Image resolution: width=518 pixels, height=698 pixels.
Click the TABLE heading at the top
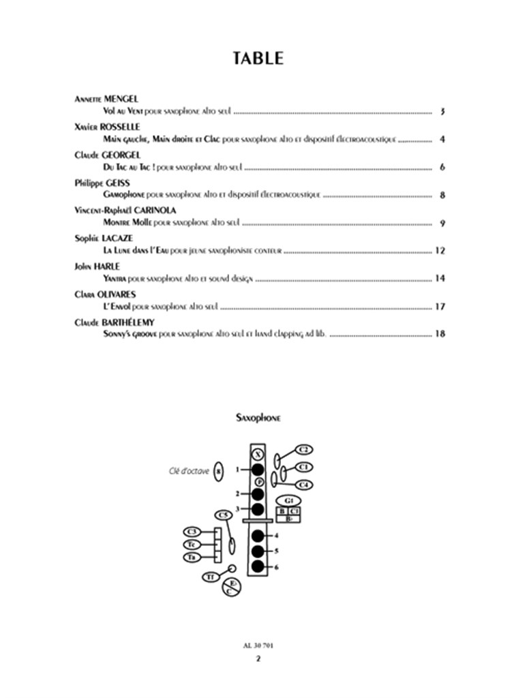pyautogui.click(x=258, y=58)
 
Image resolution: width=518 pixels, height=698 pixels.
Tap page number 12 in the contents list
pyautogui.click(x=440, y=251)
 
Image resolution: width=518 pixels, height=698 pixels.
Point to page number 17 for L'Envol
pyautogui.click(x=440, y=307)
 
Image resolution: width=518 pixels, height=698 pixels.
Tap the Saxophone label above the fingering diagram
pyautogui.click(x=258, y=418)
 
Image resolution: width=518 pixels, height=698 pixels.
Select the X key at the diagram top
pyautogui.click(x=258, y=455)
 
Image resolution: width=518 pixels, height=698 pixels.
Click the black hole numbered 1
pyautogui.click(x=258, y=470)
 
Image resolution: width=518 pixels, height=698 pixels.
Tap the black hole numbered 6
pyautogui.click(x=258, y=566)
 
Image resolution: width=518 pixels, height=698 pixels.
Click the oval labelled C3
pyautogui.click(x=192, y=532)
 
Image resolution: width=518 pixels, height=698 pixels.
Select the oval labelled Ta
pyautogui.click(x=192, y=558)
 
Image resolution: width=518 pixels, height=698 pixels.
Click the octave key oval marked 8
pyautogui.click(x=218, y=470)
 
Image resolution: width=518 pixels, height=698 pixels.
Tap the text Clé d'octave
pyautogui.click(x=189, y=470)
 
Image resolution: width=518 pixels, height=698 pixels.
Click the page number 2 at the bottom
pyautogui.click(x=258, y=658)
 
